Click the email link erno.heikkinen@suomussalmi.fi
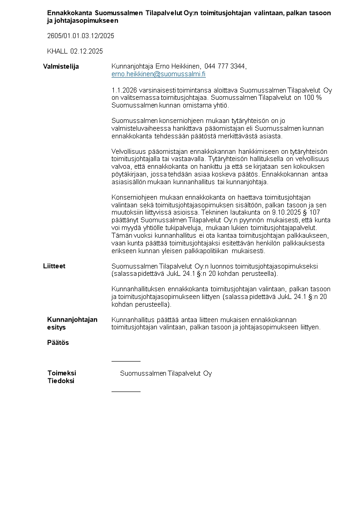(158, 74)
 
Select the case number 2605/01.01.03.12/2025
(81, 35)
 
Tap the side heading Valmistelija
(61, 67)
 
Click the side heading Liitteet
(54, 266)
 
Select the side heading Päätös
(58, 343)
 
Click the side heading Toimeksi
(62, 373)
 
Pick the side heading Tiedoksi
(61, 381)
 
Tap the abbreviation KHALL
(57, 51)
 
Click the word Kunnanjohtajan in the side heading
(72, 319)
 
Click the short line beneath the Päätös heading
(126, 361)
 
